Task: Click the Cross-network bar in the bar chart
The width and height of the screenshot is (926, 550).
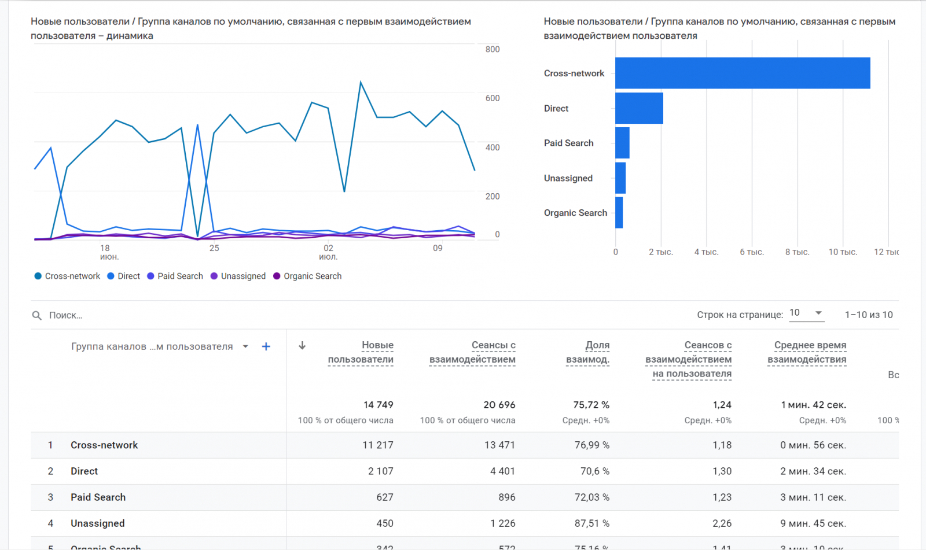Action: tap(743, 73)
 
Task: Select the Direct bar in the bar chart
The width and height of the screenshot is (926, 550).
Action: tap(639, 108)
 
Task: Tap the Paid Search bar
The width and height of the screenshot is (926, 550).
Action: tap(622, 143)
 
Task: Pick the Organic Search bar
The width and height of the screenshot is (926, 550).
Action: tap(619, 213)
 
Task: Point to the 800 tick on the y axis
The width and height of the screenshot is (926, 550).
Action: tap(493, 49)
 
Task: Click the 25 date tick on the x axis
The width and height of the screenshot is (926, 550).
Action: tap(214, 248)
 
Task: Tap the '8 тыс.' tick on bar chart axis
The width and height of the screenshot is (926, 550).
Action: tap(797, 252)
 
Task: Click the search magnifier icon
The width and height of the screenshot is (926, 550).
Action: tap(37, 315)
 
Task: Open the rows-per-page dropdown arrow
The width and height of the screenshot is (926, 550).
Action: tap(818, 313)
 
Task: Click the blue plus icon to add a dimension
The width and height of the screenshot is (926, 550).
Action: tap(266, 346)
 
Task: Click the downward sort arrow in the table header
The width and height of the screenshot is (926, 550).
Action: tap(302, 346)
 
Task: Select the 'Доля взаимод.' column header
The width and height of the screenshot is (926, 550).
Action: tap(588, 352)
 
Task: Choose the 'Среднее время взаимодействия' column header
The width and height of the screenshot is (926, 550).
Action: tap(807, 352)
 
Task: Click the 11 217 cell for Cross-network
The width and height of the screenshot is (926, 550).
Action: tap(378, 445)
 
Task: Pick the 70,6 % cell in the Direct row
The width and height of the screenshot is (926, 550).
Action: tap(595, 471)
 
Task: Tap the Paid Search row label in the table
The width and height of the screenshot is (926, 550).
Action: tap(98, 497)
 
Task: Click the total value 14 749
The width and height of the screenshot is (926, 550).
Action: tap(379, 405)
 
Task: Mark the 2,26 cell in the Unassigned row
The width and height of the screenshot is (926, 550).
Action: tap(722, 523)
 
